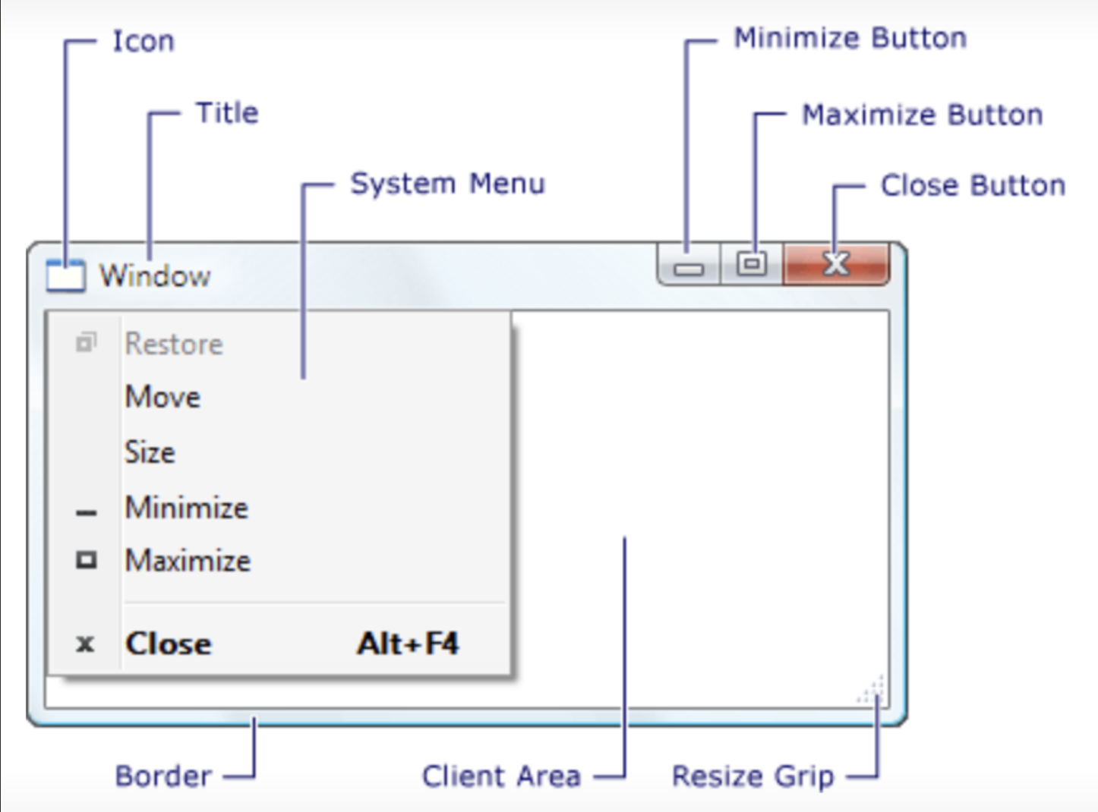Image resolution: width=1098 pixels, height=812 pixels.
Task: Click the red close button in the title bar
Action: click(x=836, y=263)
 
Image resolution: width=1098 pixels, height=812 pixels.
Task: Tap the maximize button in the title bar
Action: click(x=752, y=263)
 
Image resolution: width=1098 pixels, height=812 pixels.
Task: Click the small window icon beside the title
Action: click(x=65, y=275)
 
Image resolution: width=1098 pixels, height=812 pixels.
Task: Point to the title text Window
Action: click(x=155, y=275)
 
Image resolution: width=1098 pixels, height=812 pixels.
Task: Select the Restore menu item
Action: click(x=174, y=344)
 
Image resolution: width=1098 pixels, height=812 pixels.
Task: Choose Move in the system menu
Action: click(x=162, y=397)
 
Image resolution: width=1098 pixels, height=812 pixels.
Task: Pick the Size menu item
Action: click(x=150, y=452)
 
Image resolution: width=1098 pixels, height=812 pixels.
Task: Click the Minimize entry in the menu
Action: click(x=186, y=508)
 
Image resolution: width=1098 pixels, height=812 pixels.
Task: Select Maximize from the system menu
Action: click(x=188, y=561)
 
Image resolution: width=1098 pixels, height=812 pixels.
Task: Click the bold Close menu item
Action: click(x=169, y=644)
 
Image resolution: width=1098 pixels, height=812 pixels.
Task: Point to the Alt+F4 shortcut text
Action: click(x=408, y=644)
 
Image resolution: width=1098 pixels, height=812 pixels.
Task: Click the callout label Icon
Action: click(x=144, y=41)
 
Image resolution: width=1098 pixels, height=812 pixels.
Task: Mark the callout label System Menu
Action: click(x=447, y=184)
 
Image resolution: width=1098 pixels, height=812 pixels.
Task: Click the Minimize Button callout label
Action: click(x=850, y=38)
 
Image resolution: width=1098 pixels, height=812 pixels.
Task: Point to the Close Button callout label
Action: click(x=973, y=185)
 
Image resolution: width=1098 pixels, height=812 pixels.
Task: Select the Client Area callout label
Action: click(x=501, y=776)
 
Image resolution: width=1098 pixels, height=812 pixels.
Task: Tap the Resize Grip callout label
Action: click(x=753, y=776)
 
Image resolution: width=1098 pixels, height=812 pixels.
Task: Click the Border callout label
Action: click(x=163, y=776)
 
